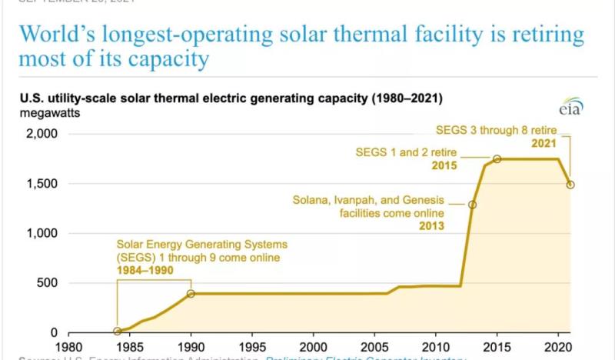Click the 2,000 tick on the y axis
coord(40,134)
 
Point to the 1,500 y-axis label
coord(40,184)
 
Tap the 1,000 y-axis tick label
coord(40,233)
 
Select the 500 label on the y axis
coord(46,283)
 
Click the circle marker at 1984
coord(118,332)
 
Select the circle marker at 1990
coord(191,294)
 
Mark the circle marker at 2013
coord(472,205)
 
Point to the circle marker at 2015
coord(497,159)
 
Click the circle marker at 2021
coord(570,185)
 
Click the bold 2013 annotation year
coord(431,226)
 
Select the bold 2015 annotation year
coord(444,165)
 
